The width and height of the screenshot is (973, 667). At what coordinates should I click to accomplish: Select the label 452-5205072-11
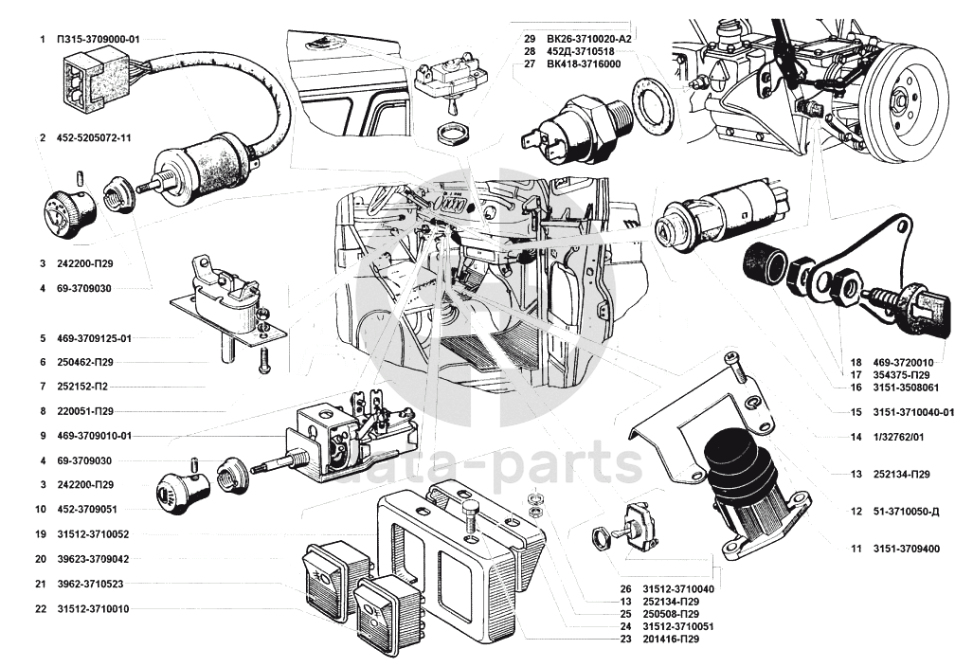coord(93,138)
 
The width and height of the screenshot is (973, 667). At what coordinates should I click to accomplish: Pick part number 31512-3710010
coord(96,608)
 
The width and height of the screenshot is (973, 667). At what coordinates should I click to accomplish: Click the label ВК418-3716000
coord(583,63)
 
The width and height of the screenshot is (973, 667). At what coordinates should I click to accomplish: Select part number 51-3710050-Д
coord(905,512)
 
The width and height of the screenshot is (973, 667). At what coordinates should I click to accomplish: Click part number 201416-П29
coord(668,640)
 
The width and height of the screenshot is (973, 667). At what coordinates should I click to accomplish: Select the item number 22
coord(41,608)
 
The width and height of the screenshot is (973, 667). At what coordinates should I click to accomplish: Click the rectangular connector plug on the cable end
coord(87,79)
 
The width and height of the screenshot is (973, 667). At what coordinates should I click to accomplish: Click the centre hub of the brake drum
coord(901,98)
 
